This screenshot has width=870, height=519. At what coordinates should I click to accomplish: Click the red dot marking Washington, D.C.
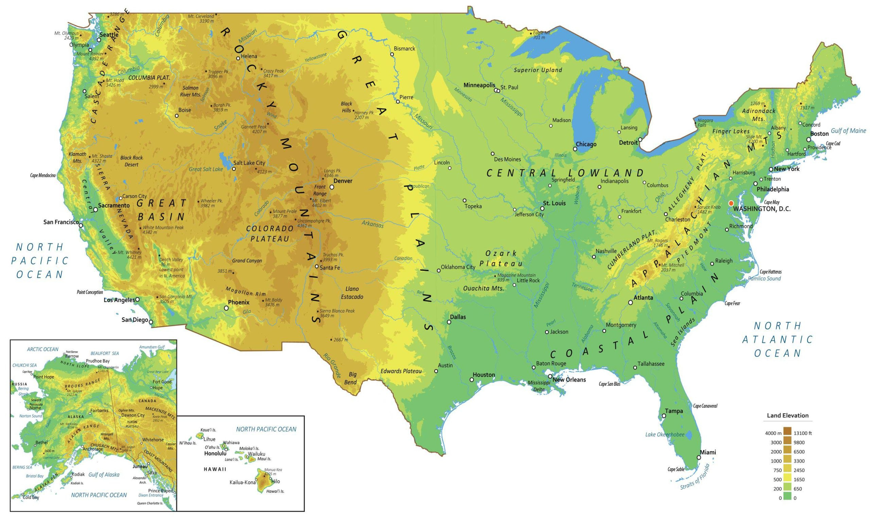pyautogui.click(x=731, y=203)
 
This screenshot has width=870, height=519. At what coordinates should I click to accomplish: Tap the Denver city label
pyautogui.click(x=343, y=181)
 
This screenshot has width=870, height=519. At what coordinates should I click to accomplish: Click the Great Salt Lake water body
pyautogui.click(x=223, y=159)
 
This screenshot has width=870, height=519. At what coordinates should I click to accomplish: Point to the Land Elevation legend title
pyautogui.click(x=787, y=415)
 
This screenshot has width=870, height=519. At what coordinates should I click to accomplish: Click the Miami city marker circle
pyautogui.click(x=699, y=457)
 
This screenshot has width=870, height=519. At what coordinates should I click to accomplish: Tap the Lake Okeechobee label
pyautogui.click(x=664, y=435)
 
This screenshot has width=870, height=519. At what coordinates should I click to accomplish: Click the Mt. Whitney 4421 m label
pyautogui.click(x=129, y=255)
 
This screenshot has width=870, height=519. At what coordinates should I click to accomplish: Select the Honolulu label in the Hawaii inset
pyautogui.click(x=215, y=453)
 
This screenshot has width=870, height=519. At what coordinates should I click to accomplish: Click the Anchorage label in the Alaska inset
pyautogui.click(x=93, y=449)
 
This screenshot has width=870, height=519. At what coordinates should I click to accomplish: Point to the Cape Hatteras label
pyautogui.click(x=770, y=272)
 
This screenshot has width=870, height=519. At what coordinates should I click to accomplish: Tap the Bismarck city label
pyautogui.click(x=404, y=49)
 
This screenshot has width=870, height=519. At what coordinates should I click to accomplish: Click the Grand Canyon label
pyautogui.click(x=247, y=261)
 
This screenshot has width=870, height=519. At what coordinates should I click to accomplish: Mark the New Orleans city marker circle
pyautogui.click(x=550, y=376)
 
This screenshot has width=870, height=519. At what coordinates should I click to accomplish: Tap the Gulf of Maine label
pyautogui.click(x=848, y=131)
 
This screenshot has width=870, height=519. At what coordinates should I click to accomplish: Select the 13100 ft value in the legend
pyautogui.click(x=802, y=433)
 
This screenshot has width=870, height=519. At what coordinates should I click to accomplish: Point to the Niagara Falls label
pyautogui.click(x=705, y=122)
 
